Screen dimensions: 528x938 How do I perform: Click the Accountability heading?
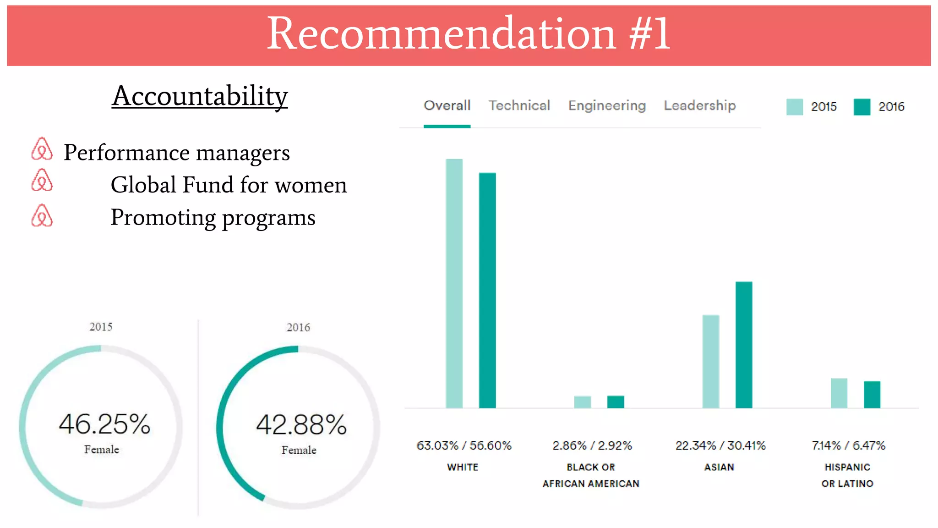[x=200, y=96]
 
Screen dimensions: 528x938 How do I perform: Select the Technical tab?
[x=519, y=106]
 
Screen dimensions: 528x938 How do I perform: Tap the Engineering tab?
[x=607, y=106]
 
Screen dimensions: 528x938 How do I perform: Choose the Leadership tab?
[x=699, y=106]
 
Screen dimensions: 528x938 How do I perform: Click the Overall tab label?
[x=447, y=106]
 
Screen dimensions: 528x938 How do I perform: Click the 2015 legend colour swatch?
[x=794, y=107]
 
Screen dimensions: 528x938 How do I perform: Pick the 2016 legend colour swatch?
[x=862, y=107]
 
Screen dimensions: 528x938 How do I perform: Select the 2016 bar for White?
[x=487, y=290]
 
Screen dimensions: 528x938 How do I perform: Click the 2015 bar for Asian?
[x=710, y=361]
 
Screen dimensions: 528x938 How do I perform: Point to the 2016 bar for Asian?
[x=743, y=345]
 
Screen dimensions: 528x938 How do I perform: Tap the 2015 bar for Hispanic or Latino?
[x=839, y=393]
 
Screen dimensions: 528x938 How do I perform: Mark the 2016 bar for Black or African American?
[x=615, y=401]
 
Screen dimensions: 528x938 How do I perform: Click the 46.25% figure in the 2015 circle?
[x=104, y=424]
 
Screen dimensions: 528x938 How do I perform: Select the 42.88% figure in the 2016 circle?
[x=301, y=424]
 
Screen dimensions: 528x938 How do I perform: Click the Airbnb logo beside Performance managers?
[x=42, y=149]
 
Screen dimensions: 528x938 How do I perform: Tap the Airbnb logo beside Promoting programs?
[x=42, y=216]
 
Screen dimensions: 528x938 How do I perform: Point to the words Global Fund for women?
[x=229, y=185]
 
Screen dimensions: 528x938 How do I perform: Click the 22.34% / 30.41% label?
[x=720, y=445]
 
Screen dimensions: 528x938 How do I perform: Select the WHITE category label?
[x=462, y=467]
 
